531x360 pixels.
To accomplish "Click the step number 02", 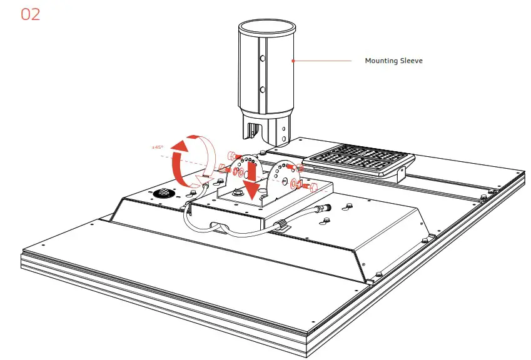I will pos(31,14).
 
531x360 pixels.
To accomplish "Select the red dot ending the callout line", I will pos(292,61).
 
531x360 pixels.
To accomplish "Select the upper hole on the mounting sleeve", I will pos(263,57).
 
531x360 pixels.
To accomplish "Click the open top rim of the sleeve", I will pos(266,27).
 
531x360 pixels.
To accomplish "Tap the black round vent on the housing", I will pos(163,194).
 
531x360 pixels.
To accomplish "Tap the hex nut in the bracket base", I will pos(238,193).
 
